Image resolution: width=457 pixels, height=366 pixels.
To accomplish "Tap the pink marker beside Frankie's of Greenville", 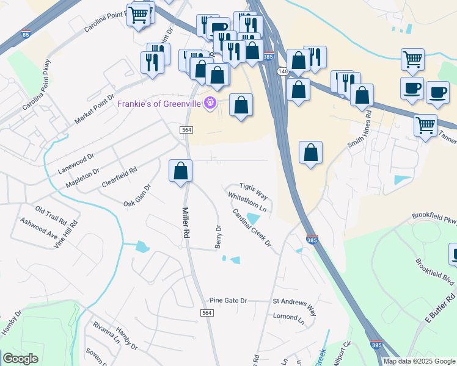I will pos(211,102).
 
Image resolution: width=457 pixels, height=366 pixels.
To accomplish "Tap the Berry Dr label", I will pos(218,236).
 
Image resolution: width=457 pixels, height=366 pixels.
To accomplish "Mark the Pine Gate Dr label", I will pos(228,301).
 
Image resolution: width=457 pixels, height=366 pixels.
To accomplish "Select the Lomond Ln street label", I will pos(288,317).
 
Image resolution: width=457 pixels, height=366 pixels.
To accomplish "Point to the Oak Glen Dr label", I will pos(137,195).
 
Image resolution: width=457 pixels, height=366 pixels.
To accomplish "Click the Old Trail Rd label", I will pos(51,215).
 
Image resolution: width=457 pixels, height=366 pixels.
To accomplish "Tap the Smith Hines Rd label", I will pos(360,129).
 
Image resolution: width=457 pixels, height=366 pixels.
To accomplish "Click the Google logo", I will pos(20,359).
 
